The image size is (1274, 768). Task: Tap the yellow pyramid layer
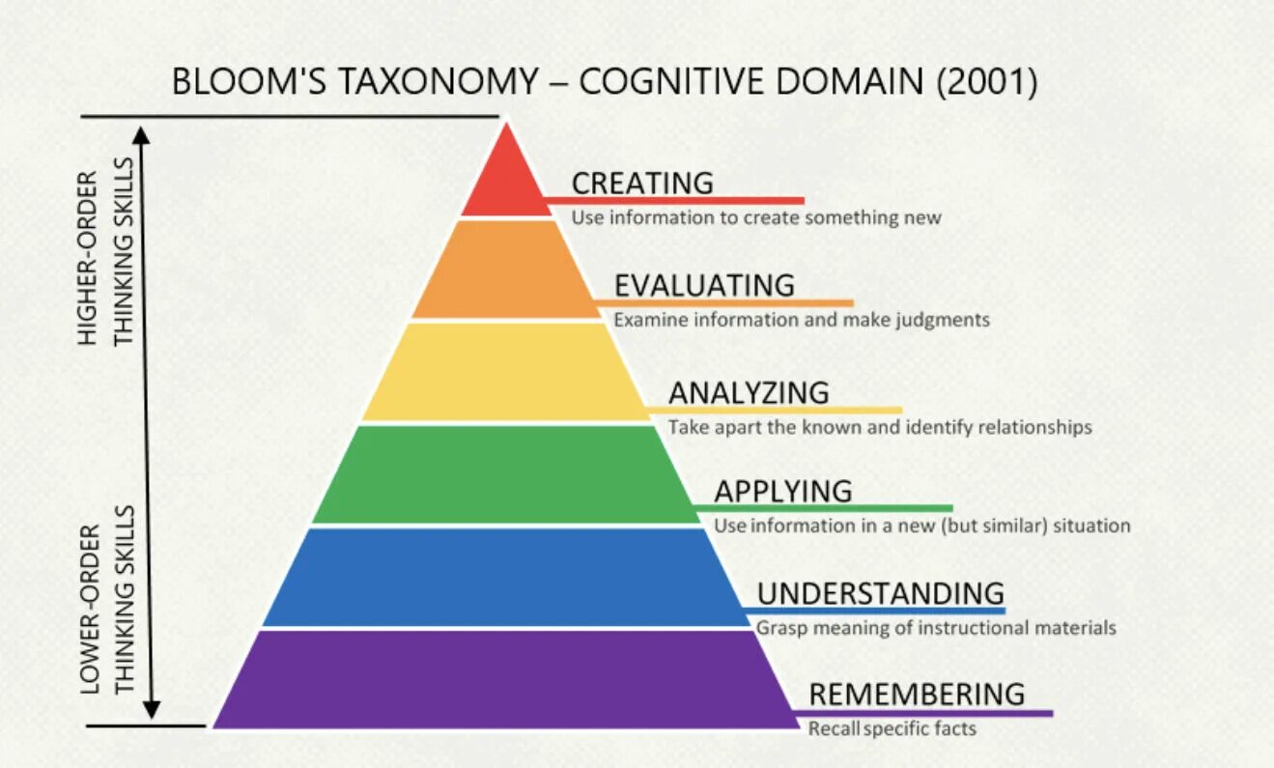[505, 372]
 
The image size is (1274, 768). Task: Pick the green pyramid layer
[505, 474]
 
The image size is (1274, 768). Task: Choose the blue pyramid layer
[505, 577]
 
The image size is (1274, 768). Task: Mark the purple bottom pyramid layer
[505, 678]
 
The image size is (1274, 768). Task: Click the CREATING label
[642, 183]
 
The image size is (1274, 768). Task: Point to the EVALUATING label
[704, 286]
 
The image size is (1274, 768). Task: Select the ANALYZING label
[749, 392]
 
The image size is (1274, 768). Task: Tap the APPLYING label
[783, 491]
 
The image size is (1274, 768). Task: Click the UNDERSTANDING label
[880, 592]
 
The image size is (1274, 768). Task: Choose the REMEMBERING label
[917, 694]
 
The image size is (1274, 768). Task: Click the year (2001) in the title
[986, 82]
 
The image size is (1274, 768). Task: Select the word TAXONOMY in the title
[430, 82]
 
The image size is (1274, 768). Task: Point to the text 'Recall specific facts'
[892, 728]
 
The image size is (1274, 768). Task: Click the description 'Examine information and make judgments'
[802, 319]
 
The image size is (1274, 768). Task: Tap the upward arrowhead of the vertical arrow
[143, 135]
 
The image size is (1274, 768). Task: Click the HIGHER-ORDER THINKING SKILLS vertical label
[105, 259]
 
